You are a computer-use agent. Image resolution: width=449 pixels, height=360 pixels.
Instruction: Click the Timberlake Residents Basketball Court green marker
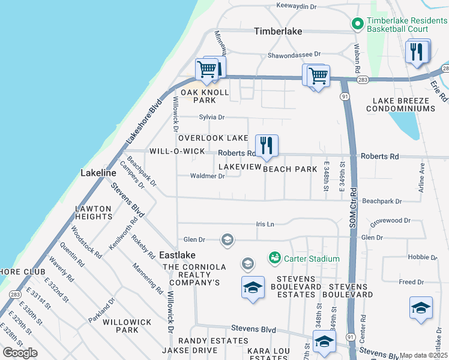coord(357,24)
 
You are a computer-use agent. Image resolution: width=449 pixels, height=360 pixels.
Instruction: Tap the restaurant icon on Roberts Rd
coord(267,145)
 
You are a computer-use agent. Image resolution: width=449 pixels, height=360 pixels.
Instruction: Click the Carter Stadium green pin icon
coord(275,258)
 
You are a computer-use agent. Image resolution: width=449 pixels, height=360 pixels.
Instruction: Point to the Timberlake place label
coord(277,31)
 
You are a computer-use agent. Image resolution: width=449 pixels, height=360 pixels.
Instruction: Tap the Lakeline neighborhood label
coord(98,173)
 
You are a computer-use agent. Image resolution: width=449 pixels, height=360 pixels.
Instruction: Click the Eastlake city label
coord(177,255)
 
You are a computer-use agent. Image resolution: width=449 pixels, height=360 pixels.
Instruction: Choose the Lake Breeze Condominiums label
coord(403,104)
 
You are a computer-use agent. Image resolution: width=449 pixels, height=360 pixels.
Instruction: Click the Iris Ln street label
coord(265,224)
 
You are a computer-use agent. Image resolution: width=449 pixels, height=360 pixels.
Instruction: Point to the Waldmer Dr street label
coord(207,176)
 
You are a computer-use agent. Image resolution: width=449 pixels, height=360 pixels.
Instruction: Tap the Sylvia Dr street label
coord(212,118)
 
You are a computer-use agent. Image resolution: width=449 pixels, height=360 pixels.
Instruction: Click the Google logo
coord(20,353)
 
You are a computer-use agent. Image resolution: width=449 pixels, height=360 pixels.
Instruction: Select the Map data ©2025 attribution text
coord(424,355)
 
